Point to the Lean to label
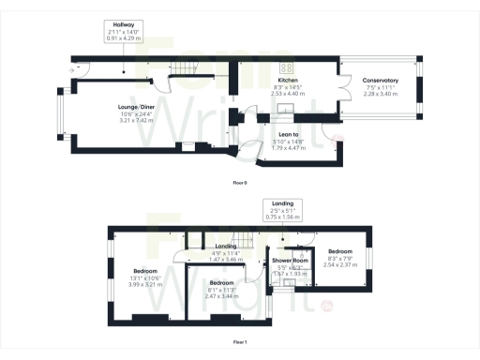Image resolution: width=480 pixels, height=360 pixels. [x=284, y=134]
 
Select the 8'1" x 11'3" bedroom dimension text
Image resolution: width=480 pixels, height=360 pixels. [x=221, y=289]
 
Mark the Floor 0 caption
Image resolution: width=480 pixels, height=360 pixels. [x=240, y=182]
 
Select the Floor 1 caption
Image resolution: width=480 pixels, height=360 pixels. [x=240, y=342]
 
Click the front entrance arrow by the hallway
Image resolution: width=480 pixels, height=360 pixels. [x=73, y=68]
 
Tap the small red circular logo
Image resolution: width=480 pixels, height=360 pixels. [x=325, y=306]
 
